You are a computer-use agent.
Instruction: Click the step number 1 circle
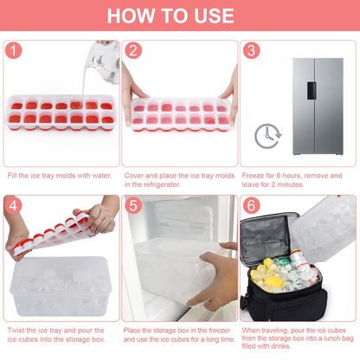click(x=13, y=50)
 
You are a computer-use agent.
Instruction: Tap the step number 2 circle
click(x=133, y=50)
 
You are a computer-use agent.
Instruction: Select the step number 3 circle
click(x=251, y=50)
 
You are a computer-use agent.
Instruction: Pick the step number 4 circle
click(x=13, y=206)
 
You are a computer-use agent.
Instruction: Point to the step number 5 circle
click(x=133, y=206)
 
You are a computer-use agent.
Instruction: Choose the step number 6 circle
click(x=251, y=206)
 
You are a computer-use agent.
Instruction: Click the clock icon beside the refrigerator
click(x=268, y=136)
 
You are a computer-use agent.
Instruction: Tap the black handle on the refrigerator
click(x=312, y=91)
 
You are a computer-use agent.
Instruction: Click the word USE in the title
click(x=214, y=16)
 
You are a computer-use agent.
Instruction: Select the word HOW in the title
click(x=131, y=16)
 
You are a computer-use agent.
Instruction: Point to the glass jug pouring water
click(x=106, y=61)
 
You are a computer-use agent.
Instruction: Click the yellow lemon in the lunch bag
click(x=273, y=282)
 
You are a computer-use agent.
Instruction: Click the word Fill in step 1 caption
click(x=12, y=176)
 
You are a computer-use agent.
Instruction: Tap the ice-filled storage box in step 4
click(x=61, y=286)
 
